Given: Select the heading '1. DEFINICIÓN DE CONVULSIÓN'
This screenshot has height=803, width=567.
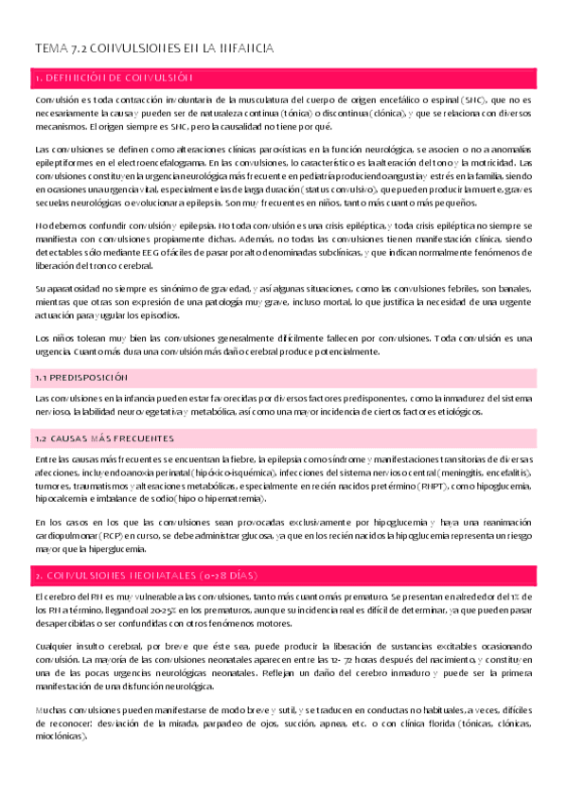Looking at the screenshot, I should tap(114, 77).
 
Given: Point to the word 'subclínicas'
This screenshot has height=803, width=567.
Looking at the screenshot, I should tap(414, 240).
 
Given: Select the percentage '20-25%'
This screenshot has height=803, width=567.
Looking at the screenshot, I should tap(150, 611).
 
